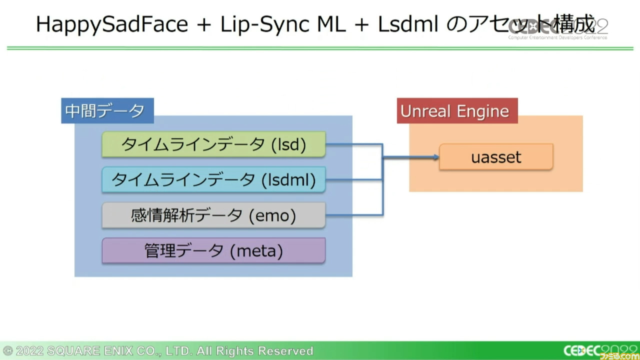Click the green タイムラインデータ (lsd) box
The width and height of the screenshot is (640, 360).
(213, 144)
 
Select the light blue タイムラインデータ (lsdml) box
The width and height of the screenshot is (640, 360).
(213, 179)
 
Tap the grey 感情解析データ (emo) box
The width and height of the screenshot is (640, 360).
(213, 215)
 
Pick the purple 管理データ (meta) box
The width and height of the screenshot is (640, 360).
(213, 250)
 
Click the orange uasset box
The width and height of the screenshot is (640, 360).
(496, 157)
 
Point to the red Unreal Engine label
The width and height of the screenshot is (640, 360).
(457, 111)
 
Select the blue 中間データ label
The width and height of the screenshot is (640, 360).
(107, 111)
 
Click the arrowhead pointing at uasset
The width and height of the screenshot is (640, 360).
(436, 157)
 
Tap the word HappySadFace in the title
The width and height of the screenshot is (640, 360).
(112, 24)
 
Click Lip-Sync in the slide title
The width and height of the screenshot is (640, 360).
(265, 24)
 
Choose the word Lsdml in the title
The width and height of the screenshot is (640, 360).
(408, 24)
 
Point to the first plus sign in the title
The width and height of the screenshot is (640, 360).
(204, 24)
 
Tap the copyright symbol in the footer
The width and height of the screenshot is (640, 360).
(7, 351)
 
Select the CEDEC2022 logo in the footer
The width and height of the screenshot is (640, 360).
(600, 351)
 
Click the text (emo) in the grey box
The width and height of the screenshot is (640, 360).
(272, 215)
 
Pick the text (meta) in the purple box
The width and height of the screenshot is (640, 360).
(256, 251)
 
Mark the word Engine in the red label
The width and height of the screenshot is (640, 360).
(483, 111)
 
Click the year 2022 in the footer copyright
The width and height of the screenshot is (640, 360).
(29, 351)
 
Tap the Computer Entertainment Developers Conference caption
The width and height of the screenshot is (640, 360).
(557, 37)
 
